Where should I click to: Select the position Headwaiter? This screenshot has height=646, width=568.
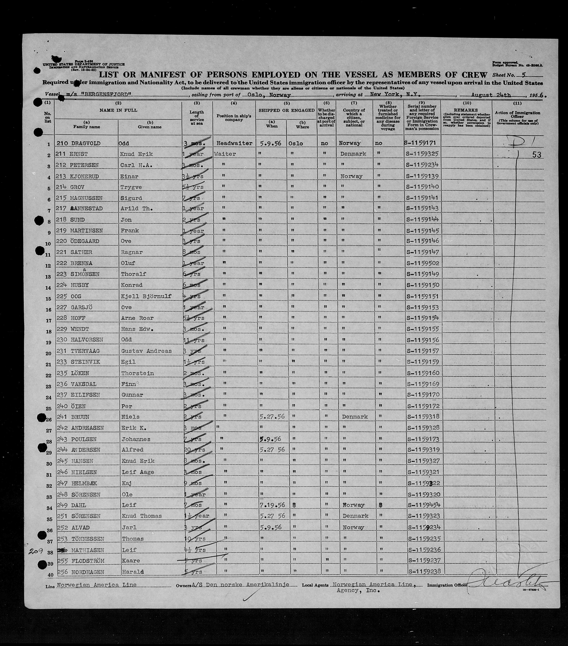click(x=234, y=143)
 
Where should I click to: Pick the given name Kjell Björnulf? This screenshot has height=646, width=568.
click(x=146, y=296)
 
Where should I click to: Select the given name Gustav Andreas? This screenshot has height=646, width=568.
click(x=146, y=351)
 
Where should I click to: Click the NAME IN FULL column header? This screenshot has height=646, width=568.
click(x=118, y=110)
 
